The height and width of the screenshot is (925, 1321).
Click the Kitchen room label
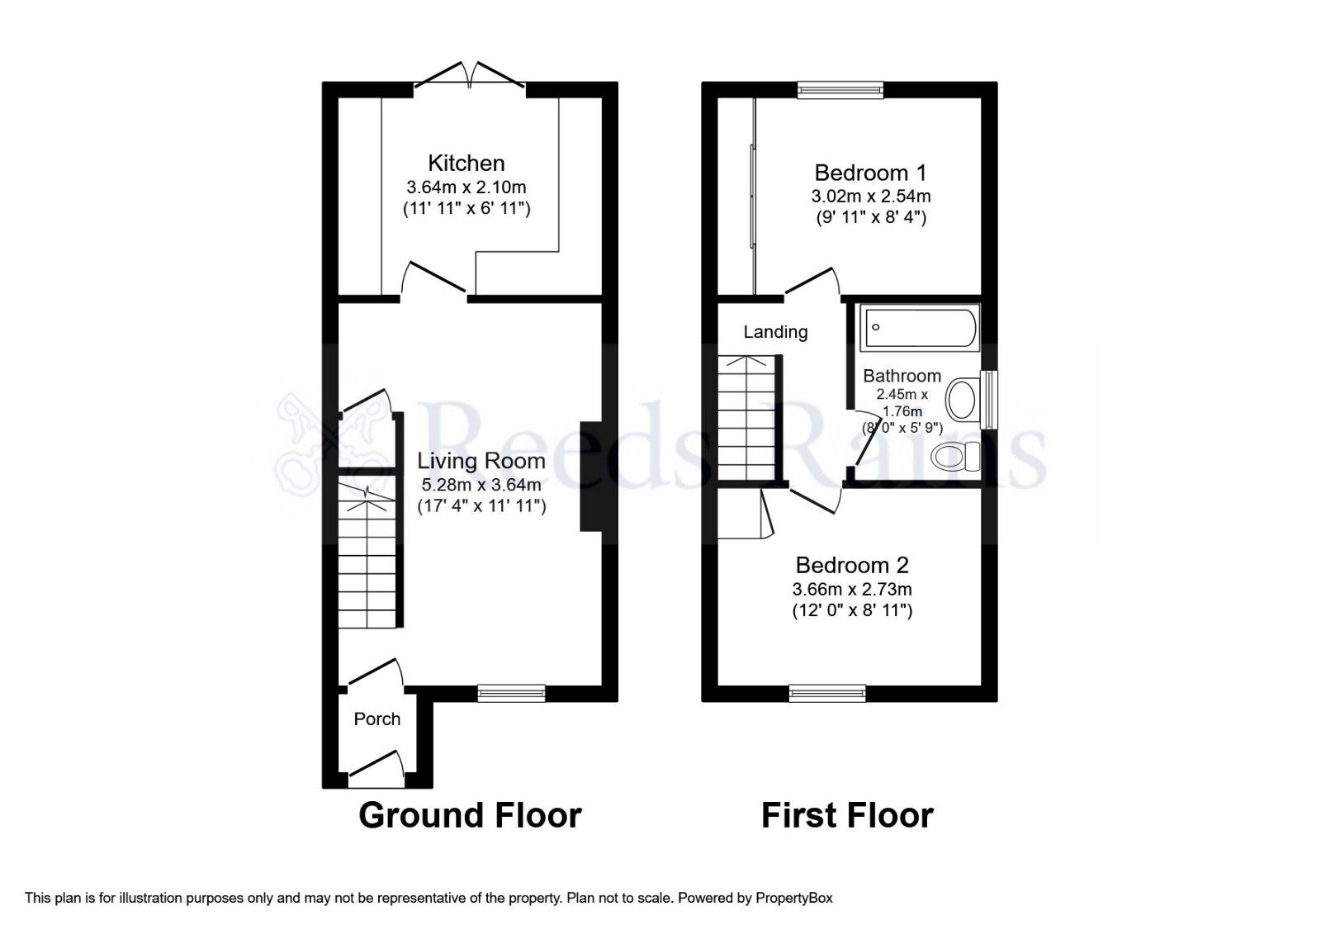466,163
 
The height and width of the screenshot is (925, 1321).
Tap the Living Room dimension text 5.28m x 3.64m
481,484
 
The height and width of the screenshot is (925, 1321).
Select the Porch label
376,719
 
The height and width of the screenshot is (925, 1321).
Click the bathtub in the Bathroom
919,327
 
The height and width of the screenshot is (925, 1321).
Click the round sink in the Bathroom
961,401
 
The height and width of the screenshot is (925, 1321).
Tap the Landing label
775,332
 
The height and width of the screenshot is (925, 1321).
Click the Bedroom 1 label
870,173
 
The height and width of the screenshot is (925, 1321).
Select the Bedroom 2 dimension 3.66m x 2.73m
852,590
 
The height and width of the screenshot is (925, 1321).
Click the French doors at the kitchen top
470,76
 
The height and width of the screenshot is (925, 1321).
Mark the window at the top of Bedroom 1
840,89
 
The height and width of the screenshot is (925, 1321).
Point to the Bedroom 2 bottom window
827,693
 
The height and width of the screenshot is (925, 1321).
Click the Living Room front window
511,693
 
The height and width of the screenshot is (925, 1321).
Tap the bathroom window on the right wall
988,400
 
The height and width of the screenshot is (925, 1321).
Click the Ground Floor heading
470,815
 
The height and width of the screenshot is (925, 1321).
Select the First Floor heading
847,815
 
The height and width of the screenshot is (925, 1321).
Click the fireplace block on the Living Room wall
591,477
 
